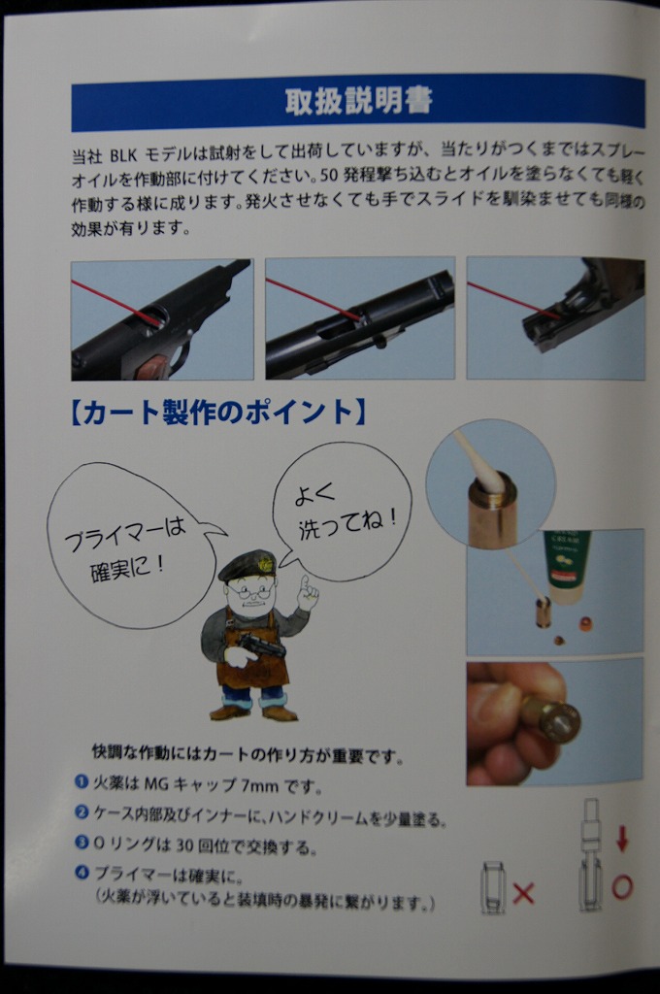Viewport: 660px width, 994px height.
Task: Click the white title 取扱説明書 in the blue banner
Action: coord(358,101)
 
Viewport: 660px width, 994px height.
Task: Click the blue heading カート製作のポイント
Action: coord(216,412)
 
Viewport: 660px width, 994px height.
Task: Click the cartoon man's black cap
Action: coord(247,566)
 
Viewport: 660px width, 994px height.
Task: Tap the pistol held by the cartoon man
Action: coord(261,646)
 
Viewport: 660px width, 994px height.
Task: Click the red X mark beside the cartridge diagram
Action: coord(523,893)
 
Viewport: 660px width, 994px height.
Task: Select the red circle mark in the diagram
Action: coord(622,886)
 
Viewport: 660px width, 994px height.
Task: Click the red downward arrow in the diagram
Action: coord(622,839)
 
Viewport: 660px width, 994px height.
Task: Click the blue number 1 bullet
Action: coord(81,781)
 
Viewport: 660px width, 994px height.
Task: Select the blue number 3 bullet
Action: coord(81,843)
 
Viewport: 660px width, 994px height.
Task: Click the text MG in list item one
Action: coord(156,784)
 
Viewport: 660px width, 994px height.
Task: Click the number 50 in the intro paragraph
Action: coord(328,176)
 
